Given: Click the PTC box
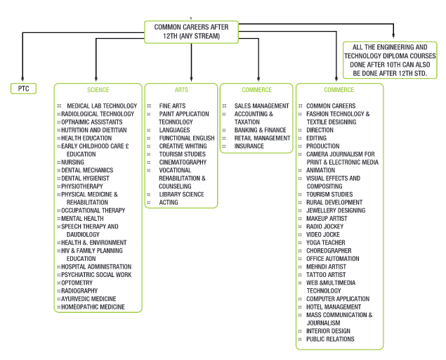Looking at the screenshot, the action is click(24, 89).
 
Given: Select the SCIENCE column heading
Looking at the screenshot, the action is click(98, 90).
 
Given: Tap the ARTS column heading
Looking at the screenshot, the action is click(181, 90).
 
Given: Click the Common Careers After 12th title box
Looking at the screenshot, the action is click(191, 32).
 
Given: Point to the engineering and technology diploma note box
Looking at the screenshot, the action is click(390, 60).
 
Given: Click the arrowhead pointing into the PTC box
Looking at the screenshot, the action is click(22, 79).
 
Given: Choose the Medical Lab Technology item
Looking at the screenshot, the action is click(102, 106).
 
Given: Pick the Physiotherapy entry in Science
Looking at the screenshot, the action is click(82, 186).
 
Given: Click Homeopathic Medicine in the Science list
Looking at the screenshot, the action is click(93, 307).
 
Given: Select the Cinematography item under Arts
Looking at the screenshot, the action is click(183, 162).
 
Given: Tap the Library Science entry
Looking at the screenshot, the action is click(181, 194).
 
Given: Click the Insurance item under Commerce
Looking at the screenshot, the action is click(249, 146).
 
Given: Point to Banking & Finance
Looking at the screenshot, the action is click(260, 130).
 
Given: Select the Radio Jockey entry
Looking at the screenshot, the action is click(324, 226).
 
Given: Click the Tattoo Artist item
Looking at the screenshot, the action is click(326, 275).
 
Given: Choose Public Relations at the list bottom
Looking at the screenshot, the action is click(330, 339).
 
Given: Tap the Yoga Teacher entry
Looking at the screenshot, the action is click(326, 243).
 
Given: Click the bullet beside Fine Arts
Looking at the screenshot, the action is click(149, 106).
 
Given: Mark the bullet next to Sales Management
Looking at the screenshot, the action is click(225, 106).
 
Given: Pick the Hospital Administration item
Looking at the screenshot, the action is click(96, 267).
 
